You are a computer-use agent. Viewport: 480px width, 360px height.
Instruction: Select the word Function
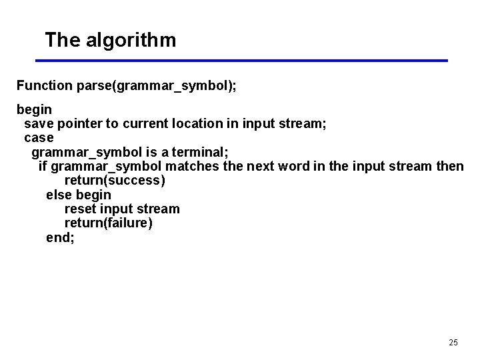(x=45, y=85)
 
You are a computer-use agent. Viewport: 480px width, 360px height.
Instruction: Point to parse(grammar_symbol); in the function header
(x=157, y=85)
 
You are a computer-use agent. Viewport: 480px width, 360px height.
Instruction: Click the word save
(x=39, y=123)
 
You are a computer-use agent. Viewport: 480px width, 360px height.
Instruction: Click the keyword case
(x=39, y=137)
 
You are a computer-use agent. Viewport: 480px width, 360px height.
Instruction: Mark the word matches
(x=192, y=166)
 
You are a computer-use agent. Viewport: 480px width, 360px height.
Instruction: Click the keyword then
(x=449, y=166)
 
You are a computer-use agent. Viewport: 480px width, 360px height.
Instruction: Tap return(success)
(x=115, y=180)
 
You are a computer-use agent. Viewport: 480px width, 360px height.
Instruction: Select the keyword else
(x=59, y=195)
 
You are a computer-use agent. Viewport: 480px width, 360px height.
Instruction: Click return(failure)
(x=109, y=223)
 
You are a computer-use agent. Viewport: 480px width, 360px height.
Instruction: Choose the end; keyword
(x=61, y=237)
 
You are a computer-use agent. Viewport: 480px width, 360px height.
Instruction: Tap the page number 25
(x=453, y=342)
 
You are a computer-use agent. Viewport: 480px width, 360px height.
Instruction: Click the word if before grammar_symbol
(x=43, y=166)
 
